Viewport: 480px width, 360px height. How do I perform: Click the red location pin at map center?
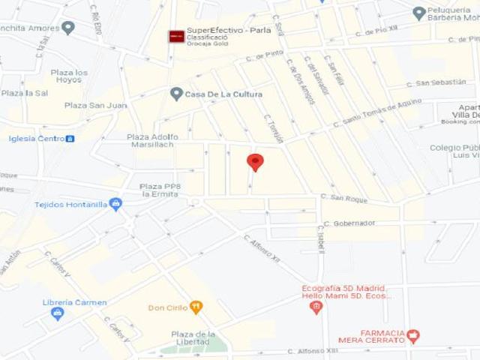[x=256, y=162]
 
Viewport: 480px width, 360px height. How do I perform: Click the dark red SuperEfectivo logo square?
[x=176, y=36]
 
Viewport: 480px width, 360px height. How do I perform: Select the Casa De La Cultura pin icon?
[x=176, y=94]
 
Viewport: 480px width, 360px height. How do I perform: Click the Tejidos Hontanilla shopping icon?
[x=115, y=203]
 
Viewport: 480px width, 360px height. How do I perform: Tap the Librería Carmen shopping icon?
[x=58, y=313]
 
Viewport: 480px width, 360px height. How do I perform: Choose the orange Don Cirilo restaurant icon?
[x=196, y=307]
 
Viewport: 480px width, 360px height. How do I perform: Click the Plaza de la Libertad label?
[x=193, y=338]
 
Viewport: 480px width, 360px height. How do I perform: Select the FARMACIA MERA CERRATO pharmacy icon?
[x=413, y=336]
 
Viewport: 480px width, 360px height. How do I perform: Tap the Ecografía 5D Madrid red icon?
[x=316, y=306]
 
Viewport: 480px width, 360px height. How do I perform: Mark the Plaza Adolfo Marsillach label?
[x=153, y=141]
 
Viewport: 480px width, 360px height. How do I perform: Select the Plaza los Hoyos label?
[x=69, y=76]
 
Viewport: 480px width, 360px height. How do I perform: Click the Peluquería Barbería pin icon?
[x=419, y=13]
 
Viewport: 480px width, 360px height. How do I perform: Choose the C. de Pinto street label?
[x=269, y=54]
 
